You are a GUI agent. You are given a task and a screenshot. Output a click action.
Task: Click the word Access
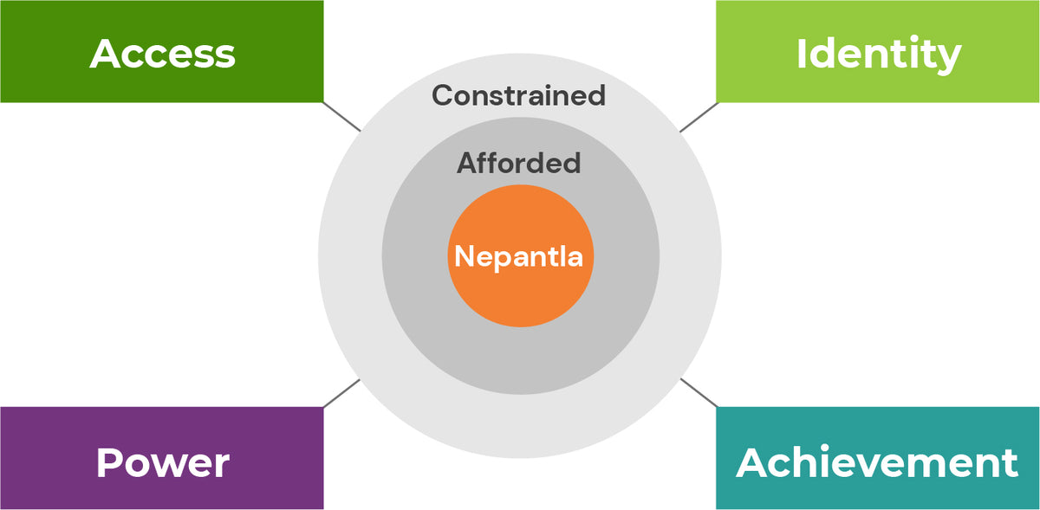point(163,54)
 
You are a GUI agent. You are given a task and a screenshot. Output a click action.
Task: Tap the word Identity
point(879,55)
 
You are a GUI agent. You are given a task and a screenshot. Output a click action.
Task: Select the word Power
point(163,462)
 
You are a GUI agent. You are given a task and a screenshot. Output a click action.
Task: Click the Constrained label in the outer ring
point(518,95)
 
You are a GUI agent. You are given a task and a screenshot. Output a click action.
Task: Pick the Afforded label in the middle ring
point(518,163)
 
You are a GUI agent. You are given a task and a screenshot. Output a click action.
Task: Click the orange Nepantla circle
point(521,255)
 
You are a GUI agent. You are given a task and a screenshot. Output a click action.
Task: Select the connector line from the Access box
point(341,117)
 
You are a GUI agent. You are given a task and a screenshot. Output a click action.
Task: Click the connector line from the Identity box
point(699,118)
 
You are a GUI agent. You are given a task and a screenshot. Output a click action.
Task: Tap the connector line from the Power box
point(341,393)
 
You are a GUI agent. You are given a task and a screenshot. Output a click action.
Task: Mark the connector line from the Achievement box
point(699,393)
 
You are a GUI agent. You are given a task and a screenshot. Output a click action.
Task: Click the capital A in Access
point(106,54)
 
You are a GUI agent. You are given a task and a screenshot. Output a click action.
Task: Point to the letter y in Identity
point(947,60)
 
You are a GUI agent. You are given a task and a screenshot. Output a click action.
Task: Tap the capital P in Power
point(108,462)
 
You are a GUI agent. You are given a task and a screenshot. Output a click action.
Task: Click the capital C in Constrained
point(443,95)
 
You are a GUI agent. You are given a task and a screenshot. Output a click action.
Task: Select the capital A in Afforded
point(467,163)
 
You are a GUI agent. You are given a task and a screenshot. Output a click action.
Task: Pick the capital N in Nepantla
point(464,255)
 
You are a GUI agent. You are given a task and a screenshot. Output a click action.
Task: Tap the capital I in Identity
point(801,54)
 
